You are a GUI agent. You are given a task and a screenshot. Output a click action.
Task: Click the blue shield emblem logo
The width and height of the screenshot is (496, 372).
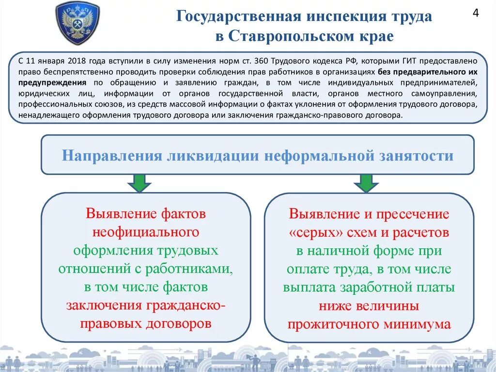(77, 23)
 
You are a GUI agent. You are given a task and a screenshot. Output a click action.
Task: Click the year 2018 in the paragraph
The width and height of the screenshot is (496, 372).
(77, 61)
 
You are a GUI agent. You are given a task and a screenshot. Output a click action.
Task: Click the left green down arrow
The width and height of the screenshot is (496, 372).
(139, 183)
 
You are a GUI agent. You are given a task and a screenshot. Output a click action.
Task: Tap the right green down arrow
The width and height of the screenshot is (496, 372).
(366, 183)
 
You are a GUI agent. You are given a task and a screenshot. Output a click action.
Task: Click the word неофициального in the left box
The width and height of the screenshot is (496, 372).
(146, 232)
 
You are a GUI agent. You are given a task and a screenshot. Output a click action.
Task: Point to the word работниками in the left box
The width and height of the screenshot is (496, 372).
(196, 269)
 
